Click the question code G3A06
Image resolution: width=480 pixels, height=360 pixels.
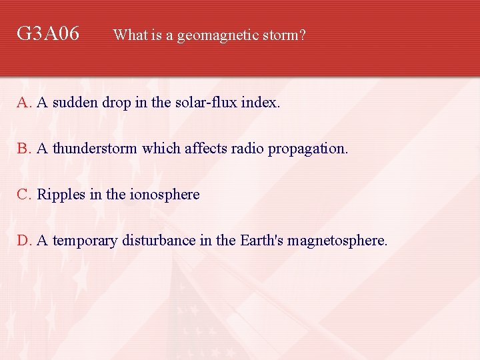click(48, 33)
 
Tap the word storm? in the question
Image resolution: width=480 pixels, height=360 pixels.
click(285, 35)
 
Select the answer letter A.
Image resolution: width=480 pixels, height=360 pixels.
click(24, 103)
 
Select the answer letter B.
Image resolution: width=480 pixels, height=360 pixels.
click(24, 148)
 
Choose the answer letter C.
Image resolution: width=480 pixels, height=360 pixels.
click(24, 194)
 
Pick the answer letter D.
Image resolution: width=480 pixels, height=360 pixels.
click(24, 240)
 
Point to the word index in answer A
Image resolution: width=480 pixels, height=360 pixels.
click(260, 103)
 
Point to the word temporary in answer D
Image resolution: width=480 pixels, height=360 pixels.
click(85, 240)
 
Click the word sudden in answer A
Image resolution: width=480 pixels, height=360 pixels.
click(74, 103)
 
